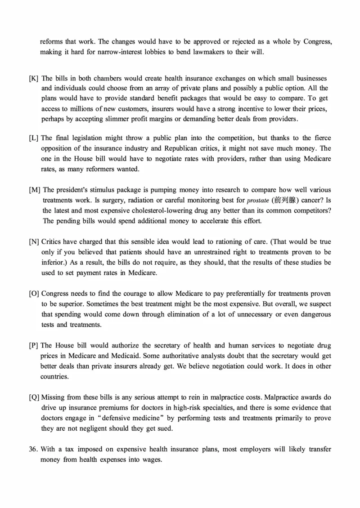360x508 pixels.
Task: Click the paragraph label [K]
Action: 34,78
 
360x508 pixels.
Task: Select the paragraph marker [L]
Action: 34,138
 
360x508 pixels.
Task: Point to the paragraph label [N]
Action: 34,242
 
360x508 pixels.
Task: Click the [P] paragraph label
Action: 33,346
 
